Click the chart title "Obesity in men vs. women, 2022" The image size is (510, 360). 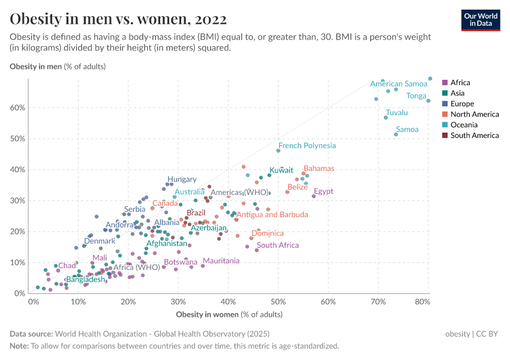coord(118,19)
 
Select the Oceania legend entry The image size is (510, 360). coord(464,125)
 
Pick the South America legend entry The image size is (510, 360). coord(474,136)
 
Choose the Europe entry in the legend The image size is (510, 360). coord(463,104)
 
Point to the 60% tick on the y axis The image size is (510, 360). coord(17,107)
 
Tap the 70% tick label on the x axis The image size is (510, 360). coord(378,301)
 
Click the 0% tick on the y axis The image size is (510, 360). coord(19,293)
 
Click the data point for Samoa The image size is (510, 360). coord(396,134)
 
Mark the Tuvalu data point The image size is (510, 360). coord(386,118)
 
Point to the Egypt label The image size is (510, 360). coord(323,191)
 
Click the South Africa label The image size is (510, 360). coord(278,245)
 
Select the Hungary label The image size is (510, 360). coord(182,179)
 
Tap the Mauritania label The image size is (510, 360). coord(221,261)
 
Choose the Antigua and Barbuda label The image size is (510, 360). coord(272,214)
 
